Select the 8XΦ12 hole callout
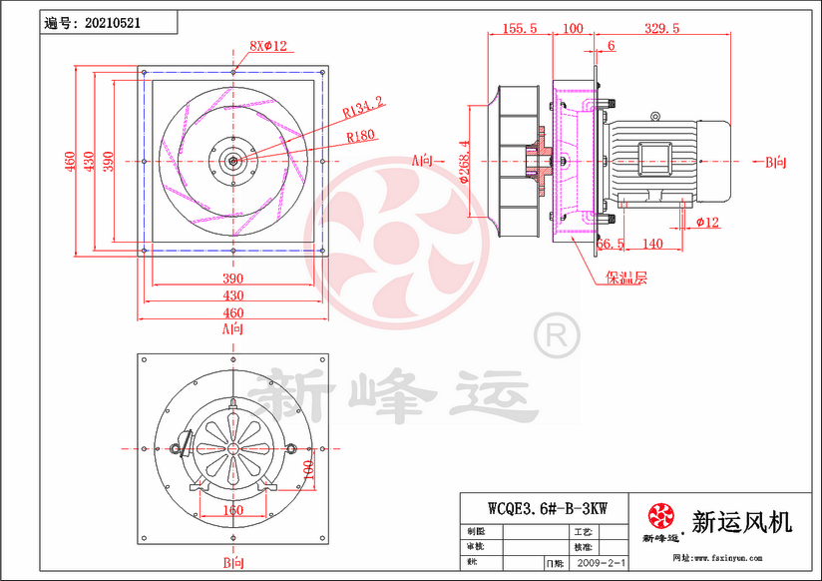pos(267,46)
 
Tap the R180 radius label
pos(361,135)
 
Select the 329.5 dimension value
pos(662,29)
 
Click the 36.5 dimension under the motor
pos(612,244)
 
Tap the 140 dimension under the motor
pos(652,244)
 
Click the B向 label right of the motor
pos(776,161)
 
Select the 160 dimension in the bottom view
pos(231,510)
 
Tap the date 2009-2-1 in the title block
pos(601,564)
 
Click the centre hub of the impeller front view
pos(232,161)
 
